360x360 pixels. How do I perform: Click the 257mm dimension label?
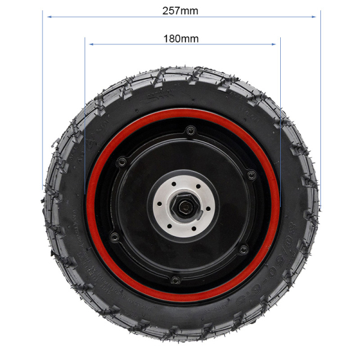pos(180,11)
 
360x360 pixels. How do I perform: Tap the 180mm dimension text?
pos(181,38)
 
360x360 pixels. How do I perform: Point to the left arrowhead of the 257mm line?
pos(46,17)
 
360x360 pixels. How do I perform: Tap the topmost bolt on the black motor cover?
pos(190,130)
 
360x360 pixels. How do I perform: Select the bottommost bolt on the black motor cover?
pos(175,280)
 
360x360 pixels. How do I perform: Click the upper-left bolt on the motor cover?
pos(121,161)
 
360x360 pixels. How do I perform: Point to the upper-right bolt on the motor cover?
pos(251,175)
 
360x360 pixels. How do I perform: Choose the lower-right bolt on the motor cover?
pos(243,250)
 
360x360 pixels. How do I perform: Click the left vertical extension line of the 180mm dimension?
pos(86,90)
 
